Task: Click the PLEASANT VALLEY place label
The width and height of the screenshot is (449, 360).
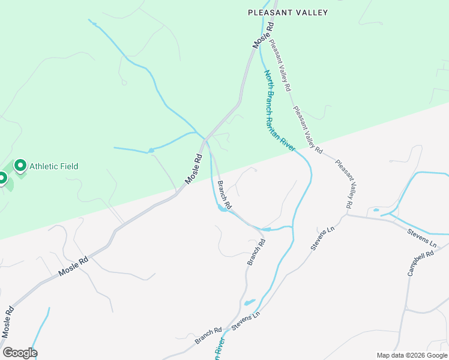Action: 288,12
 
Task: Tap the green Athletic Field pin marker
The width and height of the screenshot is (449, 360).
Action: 20,165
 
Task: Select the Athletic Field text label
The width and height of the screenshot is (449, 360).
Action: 54,166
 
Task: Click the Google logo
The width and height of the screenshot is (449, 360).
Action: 20,353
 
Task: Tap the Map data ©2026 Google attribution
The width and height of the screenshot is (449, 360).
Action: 412,355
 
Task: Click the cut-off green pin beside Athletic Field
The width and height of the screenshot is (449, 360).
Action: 2,179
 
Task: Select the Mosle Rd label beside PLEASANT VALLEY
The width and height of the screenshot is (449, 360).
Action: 263,35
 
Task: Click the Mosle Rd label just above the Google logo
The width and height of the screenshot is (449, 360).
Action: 8,322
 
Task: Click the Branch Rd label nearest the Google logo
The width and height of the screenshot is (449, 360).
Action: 208,335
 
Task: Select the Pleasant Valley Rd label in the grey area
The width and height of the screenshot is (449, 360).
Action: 343,184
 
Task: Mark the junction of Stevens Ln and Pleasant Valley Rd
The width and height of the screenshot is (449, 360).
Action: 347,214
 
